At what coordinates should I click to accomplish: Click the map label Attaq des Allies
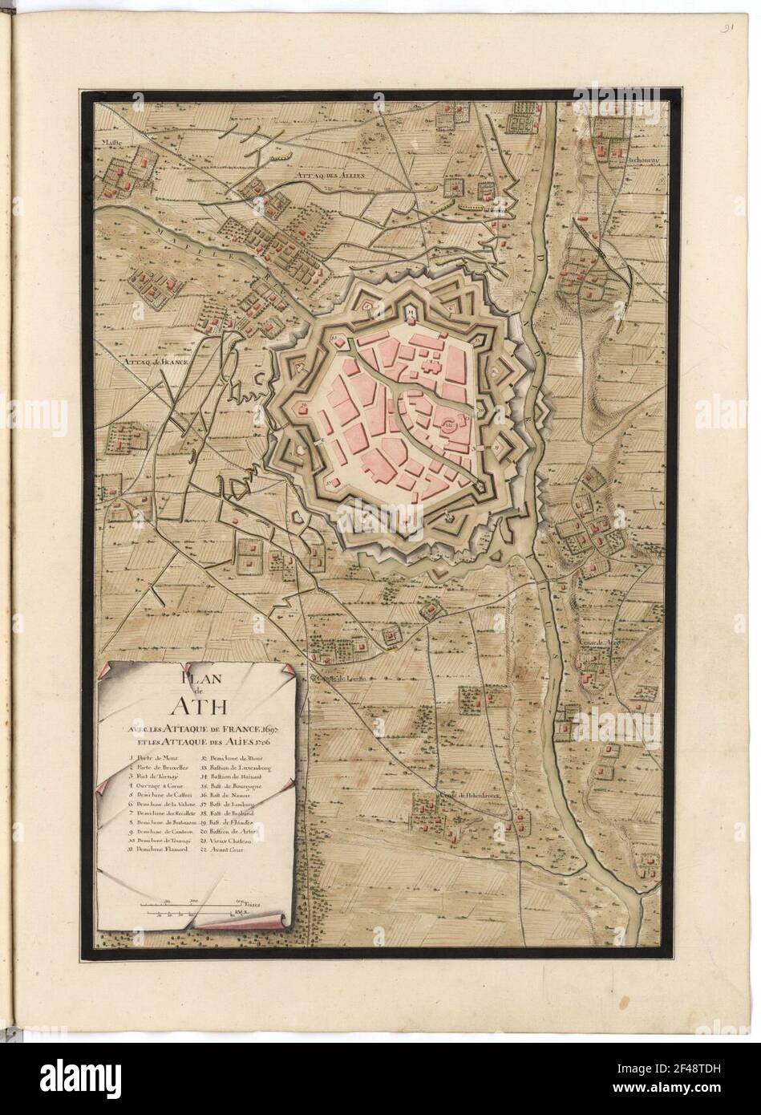coord(330,174)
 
